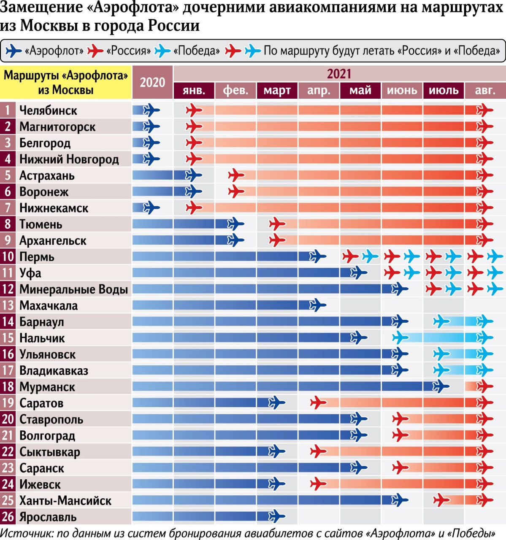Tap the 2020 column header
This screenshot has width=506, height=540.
tap(152, 82)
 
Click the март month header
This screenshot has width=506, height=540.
tap(277, 90)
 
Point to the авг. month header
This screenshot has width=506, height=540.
tap(485, 90)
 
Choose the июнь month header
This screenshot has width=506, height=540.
tap(402, 90)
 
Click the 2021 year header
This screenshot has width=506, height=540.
tap(339, 74)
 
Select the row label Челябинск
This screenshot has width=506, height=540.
tap(48, 111)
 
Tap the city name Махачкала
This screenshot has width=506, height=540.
tap(49, 305)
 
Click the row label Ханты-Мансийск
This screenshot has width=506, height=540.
tap(65, 501)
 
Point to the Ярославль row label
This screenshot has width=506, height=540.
tap(48, 517)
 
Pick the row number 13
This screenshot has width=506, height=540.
tap(8, 305)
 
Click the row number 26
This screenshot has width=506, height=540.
tap(8, 517)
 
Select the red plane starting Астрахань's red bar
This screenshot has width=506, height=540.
tap(236, 175)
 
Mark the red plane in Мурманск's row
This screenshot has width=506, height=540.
tap(484, 386)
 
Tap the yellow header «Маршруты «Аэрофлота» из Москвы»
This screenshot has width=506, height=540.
tap(66, 82)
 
